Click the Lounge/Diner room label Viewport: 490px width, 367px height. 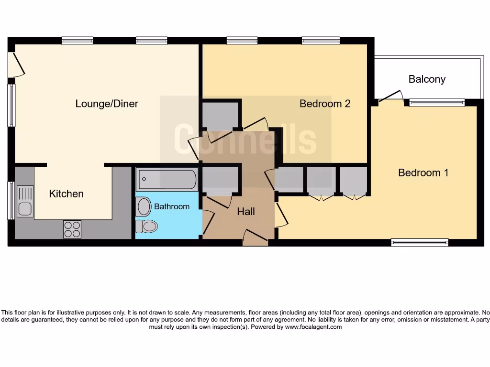coord(107,104)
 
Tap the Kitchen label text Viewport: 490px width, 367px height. coord(67,194)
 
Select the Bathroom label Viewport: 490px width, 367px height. coord(172,206)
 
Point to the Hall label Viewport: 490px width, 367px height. coord(246,211)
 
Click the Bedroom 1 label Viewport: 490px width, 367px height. coord(423,173)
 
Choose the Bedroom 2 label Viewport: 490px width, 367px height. coord(325,103)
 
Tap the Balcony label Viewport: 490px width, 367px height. coord(427,79)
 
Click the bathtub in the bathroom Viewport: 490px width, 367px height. coord(167,180)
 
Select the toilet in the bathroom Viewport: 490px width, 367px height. coord(146,226)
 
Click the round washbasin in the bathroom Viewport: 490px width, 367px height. coord(144,207)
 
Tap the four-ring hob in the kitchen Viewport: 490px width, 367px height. coord(72,229)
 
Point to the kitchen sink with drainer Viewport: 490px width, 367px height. coord(25,201)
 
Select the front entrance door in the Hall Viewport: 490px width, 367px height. coord(256,237)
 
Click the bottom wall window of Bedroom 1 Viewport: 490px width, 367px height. coord(420,242)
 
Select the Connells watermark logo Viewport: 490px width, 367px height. coord(245,139)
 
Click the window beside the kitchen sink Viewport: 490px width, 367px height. coord(11,200)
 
